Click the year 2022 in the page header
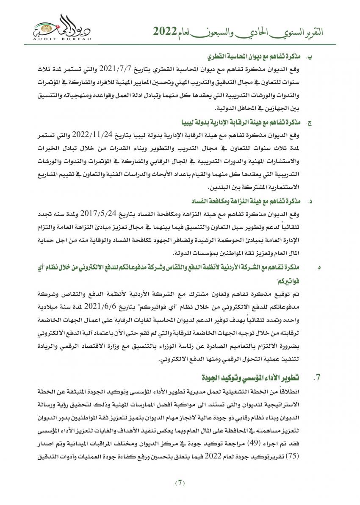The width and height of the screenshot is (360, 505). [163, 31]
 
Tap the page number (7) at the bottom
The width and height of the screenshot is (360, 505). [180, 483]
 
